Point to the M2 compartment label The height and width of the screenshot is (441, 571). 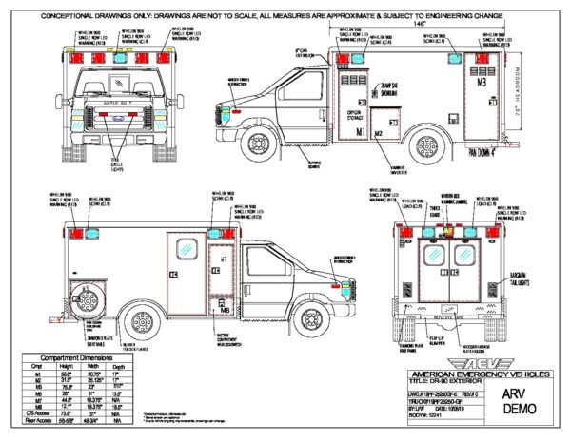tap(379, 134)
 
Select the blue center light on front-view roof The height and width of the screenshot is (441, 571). tap(122, 59)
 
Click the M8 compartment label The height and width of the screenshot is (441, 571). tap(223, 309)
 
